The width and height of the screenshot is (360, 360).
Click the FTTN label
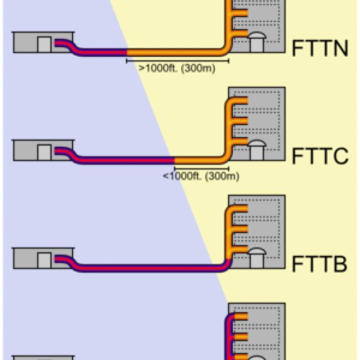pyautogui.click(x=320, y=49)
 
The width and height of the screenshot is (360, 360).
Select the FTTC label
pyautogui.click(x=320, y=156)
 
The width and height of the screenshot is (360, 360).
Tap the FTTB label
pyautogui.click(x=320, y=264)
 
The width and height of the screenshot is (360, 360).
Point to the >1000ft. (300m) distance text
pyautogui.click(x=177, y=67)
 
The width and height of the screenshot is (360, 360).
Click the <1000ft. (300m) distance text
pyautogui.click(x=201, y=176)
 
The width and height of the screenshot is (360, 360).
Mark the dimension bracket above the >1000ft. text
pyautogui.click(x=177, y=60)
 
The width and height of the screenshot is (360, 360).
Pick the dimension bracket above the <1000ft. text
pyautogui.click(x=201, y=168)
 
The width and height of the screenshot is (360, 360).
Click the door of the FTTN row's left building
pyautogui.click(x=44, y=44)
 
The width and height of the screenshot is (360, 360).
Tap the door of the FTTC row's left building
pyautogui.click(x=44, y=152)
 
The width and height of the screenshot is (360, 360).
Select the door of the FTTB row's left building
pyautogui.click(x=44, y=259)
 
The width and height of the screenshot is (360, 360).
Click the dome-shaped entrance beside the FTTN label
pyautogui.click(x=256, y=42)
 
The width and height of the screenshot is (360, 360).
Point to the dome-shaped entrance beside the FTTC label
pyautogui.click(x=256, y=150)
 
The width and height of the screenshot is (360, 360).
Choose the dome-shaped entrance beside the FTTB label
pyautogui.click(x=256, y=258)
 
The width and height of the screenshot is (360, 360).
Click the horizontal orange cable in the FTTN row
pyautogui.click(x=174, y=52)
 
